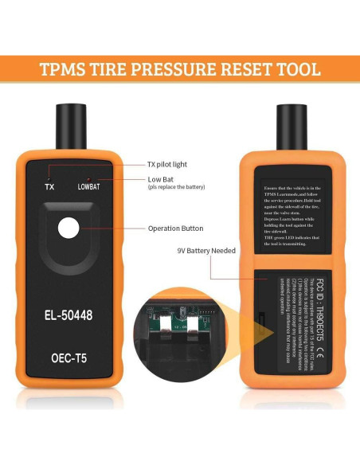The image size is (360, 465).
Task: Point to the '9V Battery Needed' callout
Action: pos(205,250)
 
